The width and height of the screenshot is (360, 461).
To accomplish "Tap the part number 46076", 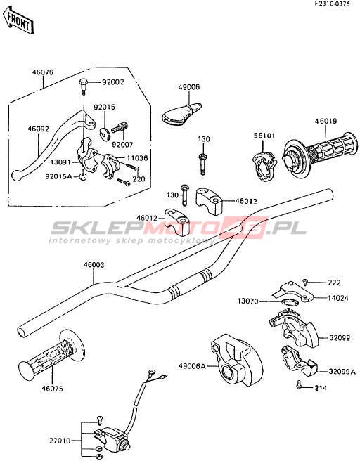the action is coord(43,72).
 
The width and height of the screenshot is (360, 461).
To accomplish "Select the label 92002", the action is coord(113,82).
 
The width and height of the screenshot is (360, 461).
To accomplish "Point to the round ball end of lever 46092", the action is coord(16,176).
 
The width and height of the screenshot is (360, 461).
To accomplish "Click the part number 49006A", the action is coord(191,365).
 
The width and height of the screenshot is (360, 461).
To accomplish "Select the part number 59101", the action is coord(264,136).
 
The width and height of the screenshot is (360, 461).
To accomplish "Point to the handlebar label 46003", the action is coord(94,265).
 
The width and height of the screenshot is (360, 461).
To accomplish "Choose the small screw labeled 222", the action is coord(306,283).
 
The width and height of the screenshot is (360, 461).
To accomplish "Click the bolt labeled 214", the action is coord(299,384).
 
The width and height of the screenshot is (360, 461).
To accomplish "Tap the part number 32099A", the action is coord(342,372).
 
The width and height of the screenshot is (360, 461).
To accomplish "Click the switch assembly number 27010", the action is coord(60,441).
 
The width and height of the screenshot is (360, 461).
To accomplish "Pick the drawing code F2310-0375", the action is coord(332,4).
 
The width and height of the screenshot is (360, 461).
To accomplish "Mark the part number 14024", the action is coord(338,298).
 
